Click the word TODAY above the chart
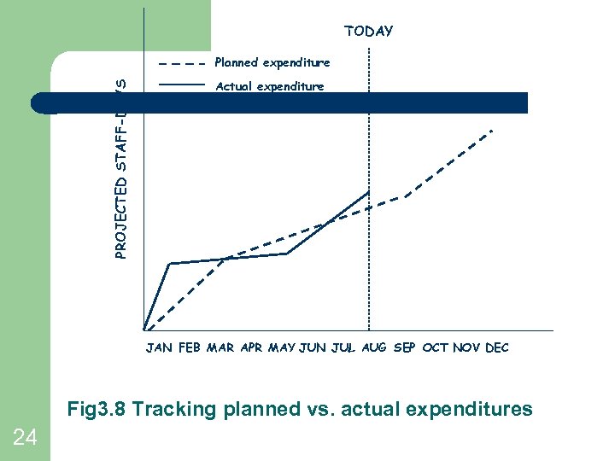[369, 32]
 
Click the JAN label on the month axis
[159, 348]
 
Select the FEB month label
[190, 348]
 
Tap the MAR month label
[220, 348]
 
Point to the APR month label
[252, 348]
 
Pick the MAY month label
[283, 348]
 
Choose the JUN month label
[313, 348]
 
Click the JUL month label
[343, 348]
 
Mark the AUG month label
[374, 348]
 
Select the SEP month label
[405, 348]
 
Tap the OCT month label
[436, 348]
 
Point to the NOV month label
[466, 348]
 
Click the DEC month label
[497, 348]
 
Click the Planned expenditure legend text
[272, 62]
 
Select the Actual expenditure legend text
[270, 86]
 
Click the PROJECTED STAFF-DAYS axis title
[122, 167]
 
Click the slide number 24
[25, 438]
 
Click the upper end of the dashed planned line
[492, 131]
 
